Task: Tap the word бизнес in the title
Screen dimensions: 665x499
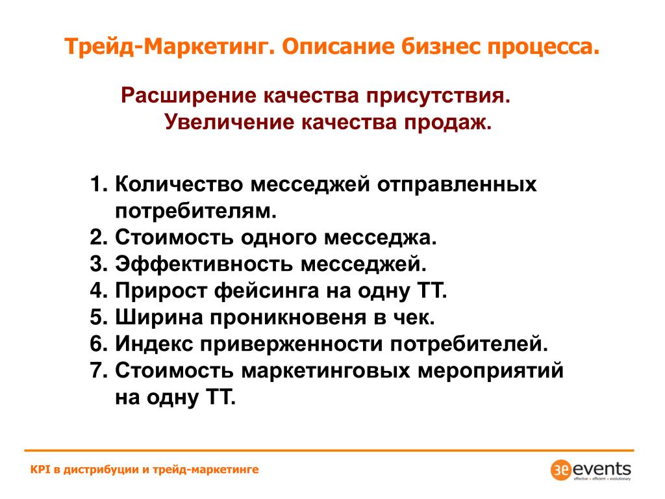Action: point(440,46)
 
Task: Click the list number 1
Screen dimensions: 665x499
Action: point(98,185)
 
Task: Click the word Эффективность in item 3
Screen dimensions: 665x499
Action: point(204,264)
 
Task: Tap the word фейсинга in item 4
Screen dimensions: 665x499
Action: point(266,292)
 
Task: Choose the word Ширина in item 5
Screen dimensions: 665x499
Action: point(159,318)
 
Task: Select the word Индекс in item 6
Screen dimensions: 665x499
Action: point(155,344)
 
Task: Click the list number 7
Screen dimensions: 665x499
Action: point(98,370)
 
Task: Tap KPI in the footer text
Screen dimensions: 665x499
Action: point(40,469)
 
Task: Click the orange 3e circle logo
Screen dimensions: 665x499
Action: point(560,470)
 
